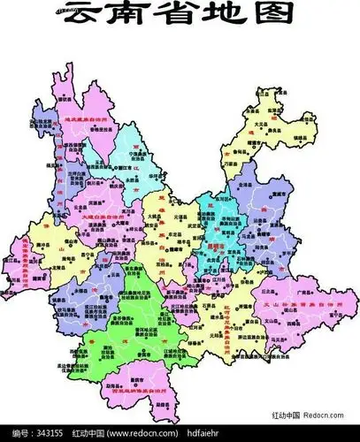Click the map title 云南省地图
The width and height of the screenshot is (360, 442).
click(x=180, y=15)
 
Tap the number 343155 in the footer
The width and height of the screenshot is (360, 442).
click(x=41, y=434)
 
